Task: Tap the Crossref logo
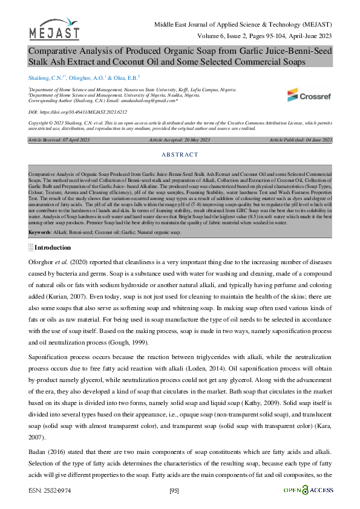309,96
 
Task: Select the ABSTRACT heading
180,155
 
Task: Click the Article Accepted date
180,140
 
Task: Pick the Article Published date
301,140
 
